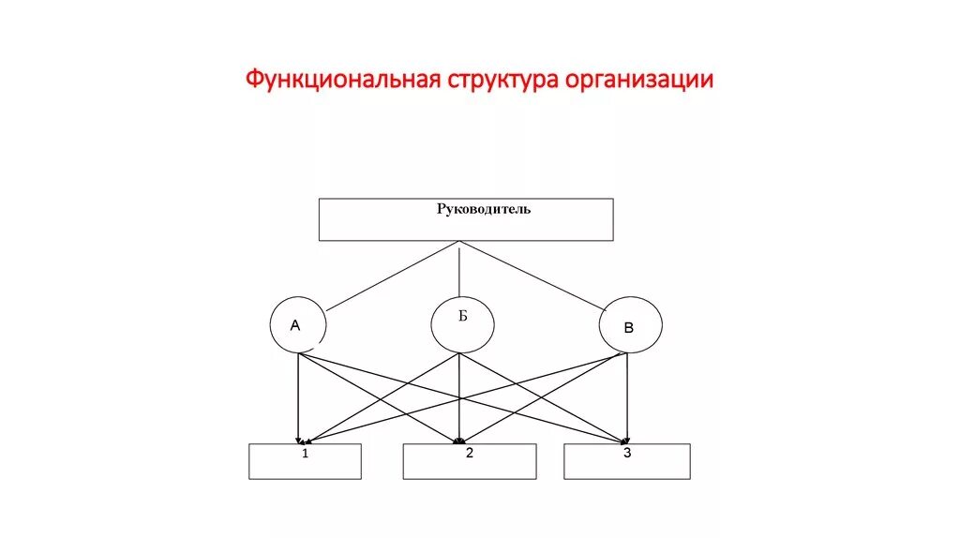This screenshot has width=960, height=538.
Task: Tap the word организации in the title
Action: [638, 80]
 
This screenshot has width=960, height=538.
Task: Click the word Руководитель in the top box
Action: [484, 209]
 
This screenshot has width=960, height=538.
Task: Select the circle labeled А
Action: [298, 325]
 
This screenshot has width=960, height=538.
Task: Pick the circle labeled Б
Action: [462, 325]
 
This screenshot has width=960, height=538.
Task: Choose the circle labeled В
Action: [631, 325]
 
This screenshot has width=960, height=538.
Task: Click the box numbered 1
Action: [306, 461]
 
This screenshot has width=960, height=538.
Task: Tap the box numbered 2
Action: [470, 461]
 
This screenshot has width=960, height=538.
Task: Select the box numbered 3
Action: [627, 461]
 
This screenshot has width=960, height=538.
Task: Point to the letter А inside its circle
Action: [294, 326]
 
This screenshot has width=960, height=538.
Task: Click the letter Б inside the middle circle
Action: [462, 316]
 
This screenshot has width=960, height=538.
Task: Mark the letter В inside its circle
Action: [629, 328]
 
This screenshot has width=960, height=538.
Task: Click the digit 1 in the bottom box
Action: [306, 454]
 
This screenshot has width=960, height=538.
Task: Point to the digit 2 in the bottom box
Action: [470, 453]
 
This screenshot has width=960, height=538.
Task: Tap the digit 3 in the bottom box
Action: [627, 453]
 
